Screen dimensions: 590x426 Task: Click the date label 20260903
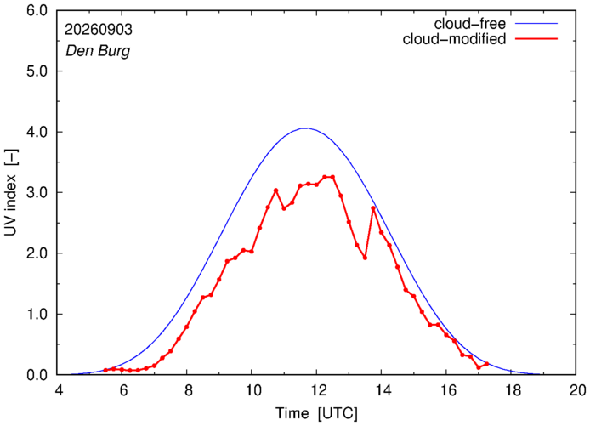pyautogui.click(x=99, y=30)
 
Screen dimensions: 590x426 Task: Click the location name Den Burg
pyautogui.click(x=98, y=51)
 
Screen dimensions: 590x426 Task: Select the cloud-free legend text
pyautogui.click(x=470, y=24)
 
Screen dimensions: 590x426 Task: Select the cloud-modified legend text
pyautogui.click(x=454, y=39)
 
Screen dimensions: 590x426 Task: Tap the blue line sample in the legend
pyautogui.click(x=536, y=23)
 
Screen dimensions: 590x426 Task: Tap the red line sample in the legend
pyautogui.click(x=536, y=38)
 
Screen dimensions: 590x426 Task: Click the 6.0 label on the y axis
pyautogui.click(x=37, y=10)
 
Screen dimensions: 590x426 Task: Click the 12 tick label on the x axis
pyautogui.click(x=316, y=390)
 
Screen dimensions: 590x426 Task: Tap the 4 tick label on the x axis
pyautogui.click(x=59, y=390)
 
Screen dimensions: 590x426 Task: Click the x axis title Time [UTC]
pyautogui.click(x=316, y=413)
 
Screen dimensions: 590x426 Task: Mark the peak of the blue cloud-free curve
pyautogui.click(x=307, y=128)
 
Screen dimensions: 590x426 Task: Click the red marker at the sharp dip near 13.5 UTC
pyautogui.click(x=365, y=258)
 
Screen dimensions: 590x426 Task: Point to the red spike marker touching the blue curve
pyautogui.click(x=373, y=207)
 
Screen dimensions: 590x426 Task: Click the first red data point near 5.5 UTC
pyautogui.click(x=105, y=370)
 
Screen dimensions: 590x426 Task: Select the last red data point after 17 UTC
pyautogui.click(x=486, y=364)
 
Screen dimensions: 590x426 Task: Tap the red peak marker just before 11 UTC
pyautogui.click(x=275, y=190)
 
